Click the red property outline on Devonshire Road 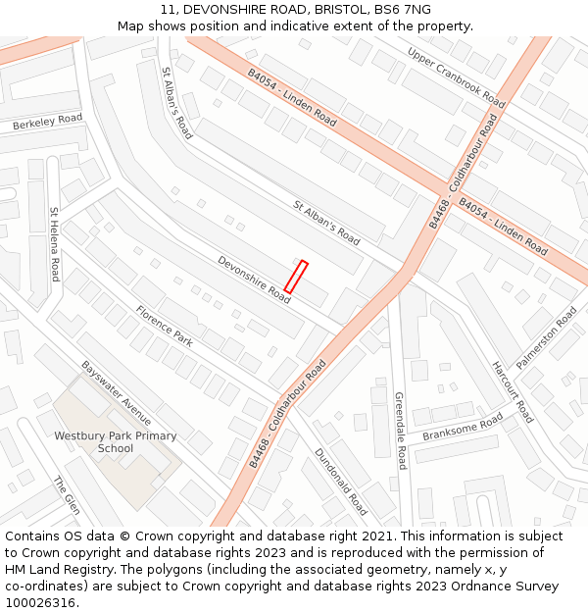pyautogui.click(x=296, y=276)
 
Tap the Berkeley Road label pyautogui.click(x=47, y=124)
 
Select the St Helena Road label pyautogui.click(x=55, y=243)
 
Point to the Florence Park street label pyautogui.click(x=164, y=327)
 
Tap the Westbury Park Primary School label pyautogui.click(x=116, y=442)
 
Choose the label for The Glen pyautogui.click(x=66, y=496)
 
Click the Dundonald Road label pyautogui.click(x=340, y=482)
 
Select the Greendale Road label pyautogui.click(x=400, y=431)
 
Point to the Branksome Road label pyautogui.click(x=463, y=427)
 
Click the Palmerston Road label pyautogui.click(x=546, y=338)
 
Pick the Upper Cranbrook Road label pyautogui.click(x=456, y=77)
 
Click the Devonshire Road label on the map pyautogui.click(x=254, y=280)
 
